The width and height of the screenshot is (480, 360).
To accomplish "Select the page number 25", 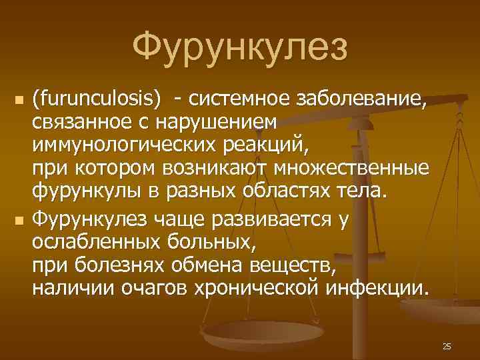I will click(447, 346).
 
